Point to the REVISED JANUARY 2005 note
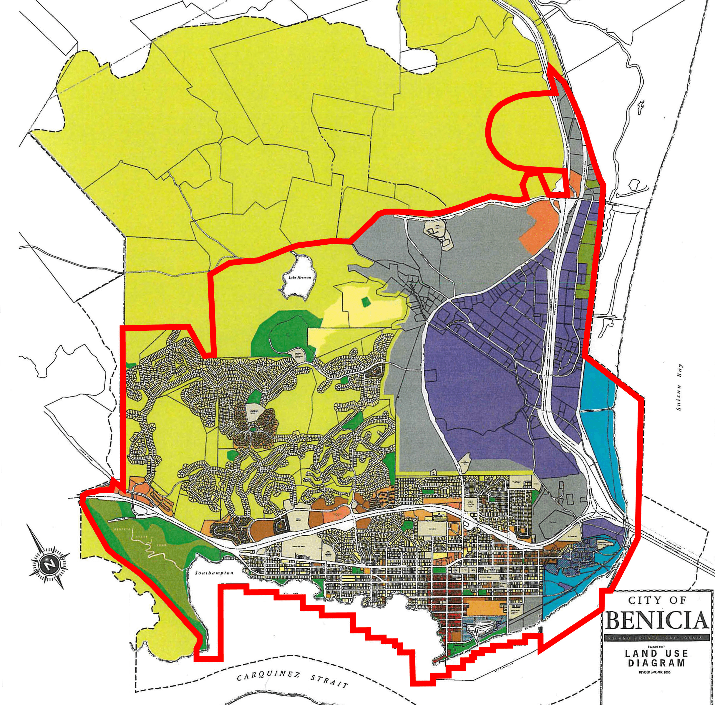pos(656,672)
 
